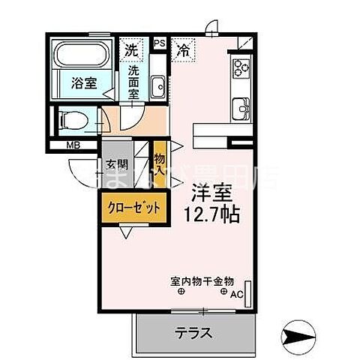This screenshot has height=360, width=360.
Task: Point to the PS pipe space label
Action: pyautogui.click(x=159, y=44)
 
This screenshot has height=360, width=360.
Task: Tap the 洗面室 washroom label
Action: pyautogui.click(x=133, y=82)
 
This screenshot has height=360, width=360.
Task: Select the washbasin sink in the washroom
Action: pyautogui.click(x=157, y=88)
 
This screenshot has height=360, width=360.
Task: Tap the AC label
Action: pyautogui.click(x=237, y=293)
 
